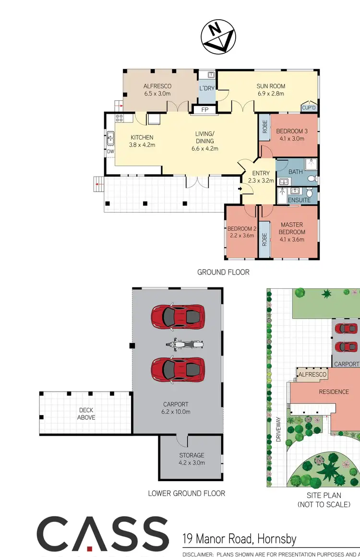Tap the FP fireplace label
pyautogui.click(x=204, y=110)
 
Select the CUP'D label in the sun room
pyautogui.click(x=309, y=107)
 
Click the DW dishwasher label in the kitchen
pyautogui.click(x=110, y=152)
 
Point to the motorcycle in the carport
pyautogui.click(x=180, y=344)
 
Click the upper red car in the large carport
pyautogui.click(x=178, y=316)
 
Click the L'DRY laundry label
pyautogui.click(x=207, y=88)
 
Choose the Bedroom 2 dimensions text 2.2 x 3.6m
pyautogui.click(x=241, y=235)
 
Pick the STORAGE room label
pyautogui.click(x=192, y=455)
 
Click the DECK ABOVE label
pyautogui.click(x=86, y=414)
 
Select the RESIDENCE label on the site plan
pyautogui.click(x=334, y=391)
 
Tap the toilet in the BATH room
pyautogui.click(x=312, y=178)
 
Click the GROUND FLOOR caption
pyautogui.click(x=223, y=272)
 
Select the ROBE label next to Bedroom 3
pyautogui.click(x=265, y=127)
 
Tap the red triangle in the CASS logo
pyautogui.click(x=90, y=547)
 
